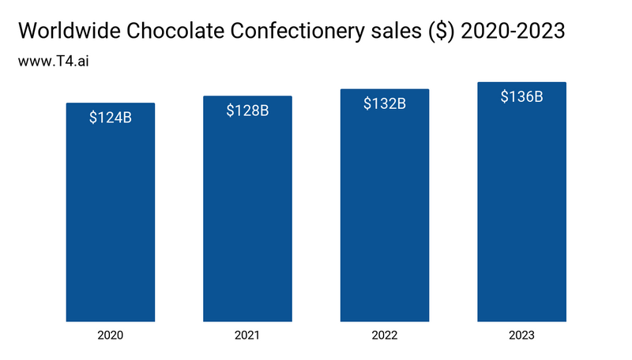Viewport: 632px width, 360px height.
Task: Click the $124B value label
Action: coord(111,118)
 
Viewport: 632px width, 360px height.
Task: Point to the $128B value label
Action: coord(247,111)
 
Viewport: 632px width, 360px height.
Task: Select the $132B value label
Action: coord(385,103)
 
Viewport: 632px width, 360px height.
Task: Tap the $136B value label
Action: coord(522,97)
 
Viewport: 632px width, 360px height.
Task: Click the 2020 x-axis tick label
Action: coord(111,336)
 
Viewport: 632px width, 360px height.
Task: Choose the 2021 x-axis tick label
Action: coord(247,336)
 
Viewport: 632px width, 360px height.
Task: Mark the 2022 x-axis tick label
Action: coord(385,336)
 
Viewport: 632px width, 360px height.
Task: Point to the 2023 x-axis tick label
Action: coord(522,336)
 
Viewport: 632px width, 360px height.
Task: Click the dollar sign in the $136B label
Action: coord(506,97)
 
